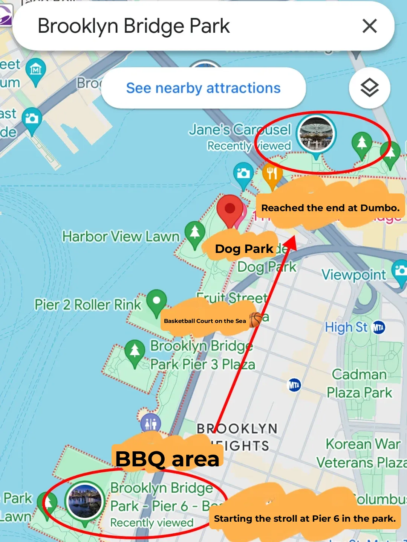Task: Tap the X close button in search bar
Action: (369, 26)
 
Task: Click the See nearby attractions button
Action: (203, 88)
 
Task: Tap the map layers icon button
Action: (369, 88)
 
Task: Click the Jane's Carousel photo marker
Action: (316, 134)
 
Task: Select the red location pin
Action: (230, 209)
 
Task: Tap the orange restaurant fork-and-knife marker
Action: (272, 174)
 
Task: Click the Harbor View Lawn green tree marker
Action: (194, 233)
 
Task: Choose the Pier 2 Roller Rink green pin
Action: (156, 301)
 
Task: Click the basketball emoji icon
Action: (256, 320)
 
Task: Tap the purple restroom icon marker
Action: (150, 424)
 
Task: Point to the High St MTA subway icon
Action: (378, 327)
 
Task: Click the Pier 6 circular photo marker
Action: (85, 501)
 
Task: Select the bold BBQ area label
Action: (167, 459)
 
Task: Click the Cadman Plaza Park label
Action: (359, 384)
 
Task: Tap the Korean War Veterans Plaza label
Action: (361, 453)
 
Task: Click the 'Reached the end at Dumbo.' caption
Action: (330, 208)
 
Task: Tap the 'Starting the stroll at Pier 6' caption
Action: (304, 518)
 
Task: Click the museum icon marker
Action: (36, 70)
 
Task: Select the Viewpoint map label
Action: (353, 275)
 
